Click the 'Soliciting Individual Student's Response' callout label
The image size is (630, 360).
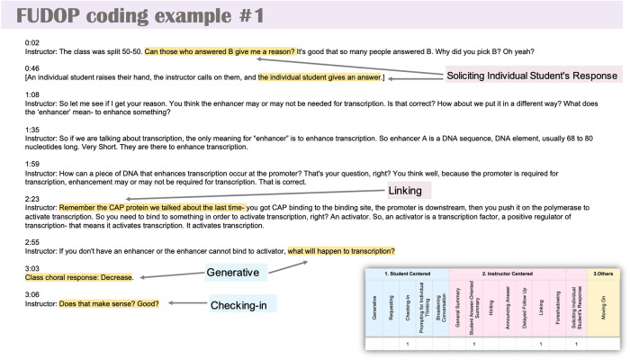532,76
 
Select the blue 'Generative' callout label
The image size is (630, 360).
233,271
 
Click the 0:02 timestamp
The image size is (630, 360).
32,41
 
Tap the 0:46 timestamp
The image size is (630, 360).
32,69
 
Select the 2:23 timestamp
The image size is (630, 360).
32,198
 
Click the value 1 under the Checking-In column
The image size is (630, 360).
408,344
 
